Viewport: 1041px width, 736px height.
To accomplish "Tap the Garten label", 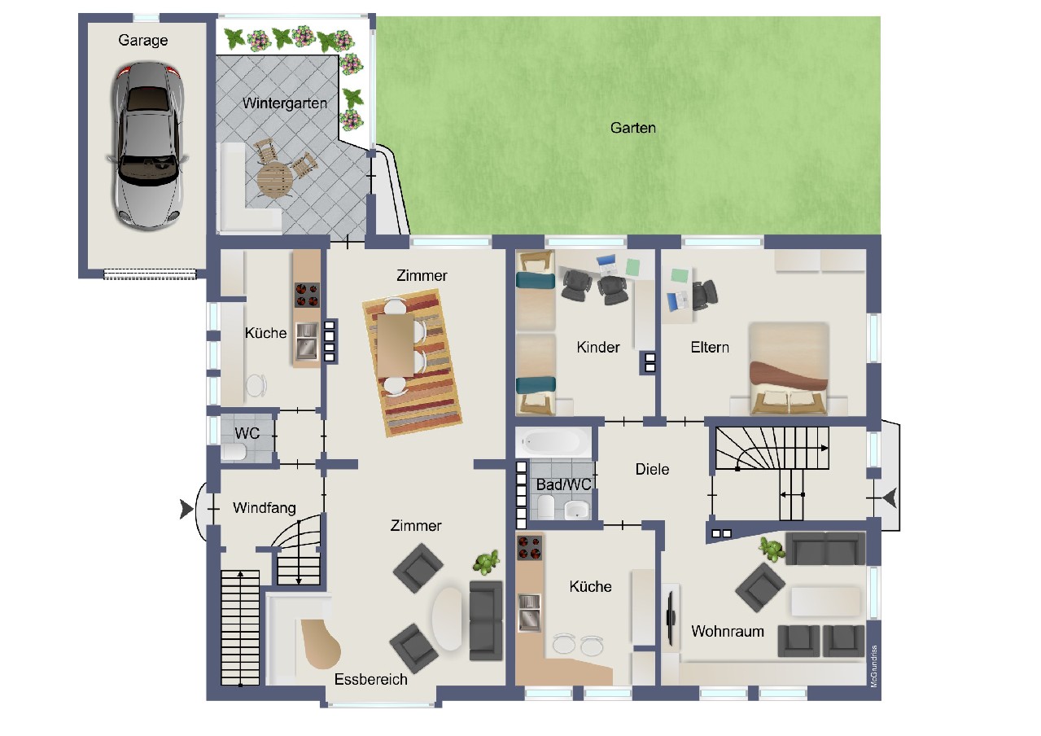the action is point(633,128).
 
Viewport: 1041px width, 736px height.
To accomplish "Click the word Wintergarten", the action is point(285,103).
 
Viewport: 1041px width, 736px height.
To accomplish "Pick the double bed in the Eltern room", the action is point(789,368).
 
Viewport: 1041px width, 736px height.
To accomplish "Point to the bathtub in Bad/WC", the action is point(553,441).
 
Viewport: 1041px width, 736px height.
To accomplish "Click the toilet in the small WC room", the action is point(234,452).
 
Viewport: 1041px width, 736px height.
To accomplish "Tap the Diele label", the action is point(652,469).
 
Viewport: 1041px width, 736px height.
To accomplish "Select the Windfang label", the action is point(264,508).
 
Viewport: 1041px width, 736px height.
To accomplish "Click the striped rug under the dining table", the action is point(412,363).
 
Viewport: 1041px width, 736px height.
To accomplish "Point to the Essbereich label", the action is point(371,679).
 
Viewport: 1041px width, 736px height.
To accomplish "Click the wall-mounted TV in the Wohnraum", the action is point(671,617).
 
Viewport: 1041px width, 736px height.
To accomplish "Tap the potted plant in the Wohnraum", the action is point(772,549).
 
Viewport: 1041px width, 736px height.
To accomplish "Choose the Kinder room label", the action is point(598,348).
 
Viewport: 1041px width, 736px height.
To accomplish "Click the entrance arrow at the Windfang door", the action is point(186,509).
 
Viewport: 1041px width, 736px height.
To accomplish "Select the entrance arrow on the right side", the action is point(890,498).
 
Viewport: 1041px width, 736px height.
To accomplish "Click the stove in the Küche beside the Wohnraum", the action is point(529,548).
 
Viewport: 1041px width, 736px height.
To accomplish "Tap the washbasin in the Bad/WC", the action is point(577,510).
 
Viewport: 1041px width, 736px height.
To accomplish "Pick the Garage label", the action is point(142,41).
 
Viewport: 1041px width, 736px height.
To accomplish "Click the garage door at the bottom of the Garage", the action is point(150,274).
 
